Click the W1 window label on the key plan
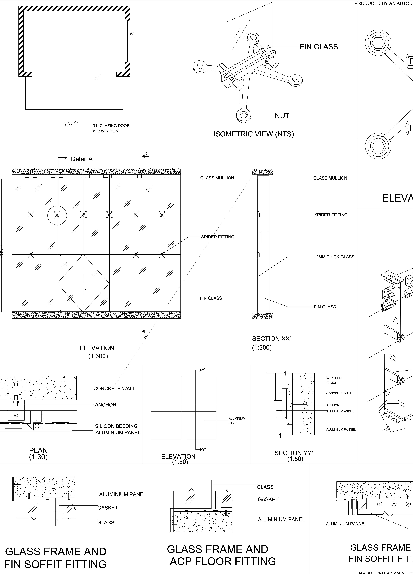133,34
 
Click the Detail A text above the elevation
82,159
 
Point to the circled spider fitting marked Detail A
57,215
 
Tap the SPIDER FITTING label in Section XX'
331,215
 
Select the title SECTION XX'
271,339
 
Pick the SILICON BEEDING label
116,426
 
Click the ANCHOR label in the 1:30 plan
106,405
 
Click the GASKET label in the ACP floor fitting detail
268,499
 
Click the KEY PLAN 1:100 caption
71,124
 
